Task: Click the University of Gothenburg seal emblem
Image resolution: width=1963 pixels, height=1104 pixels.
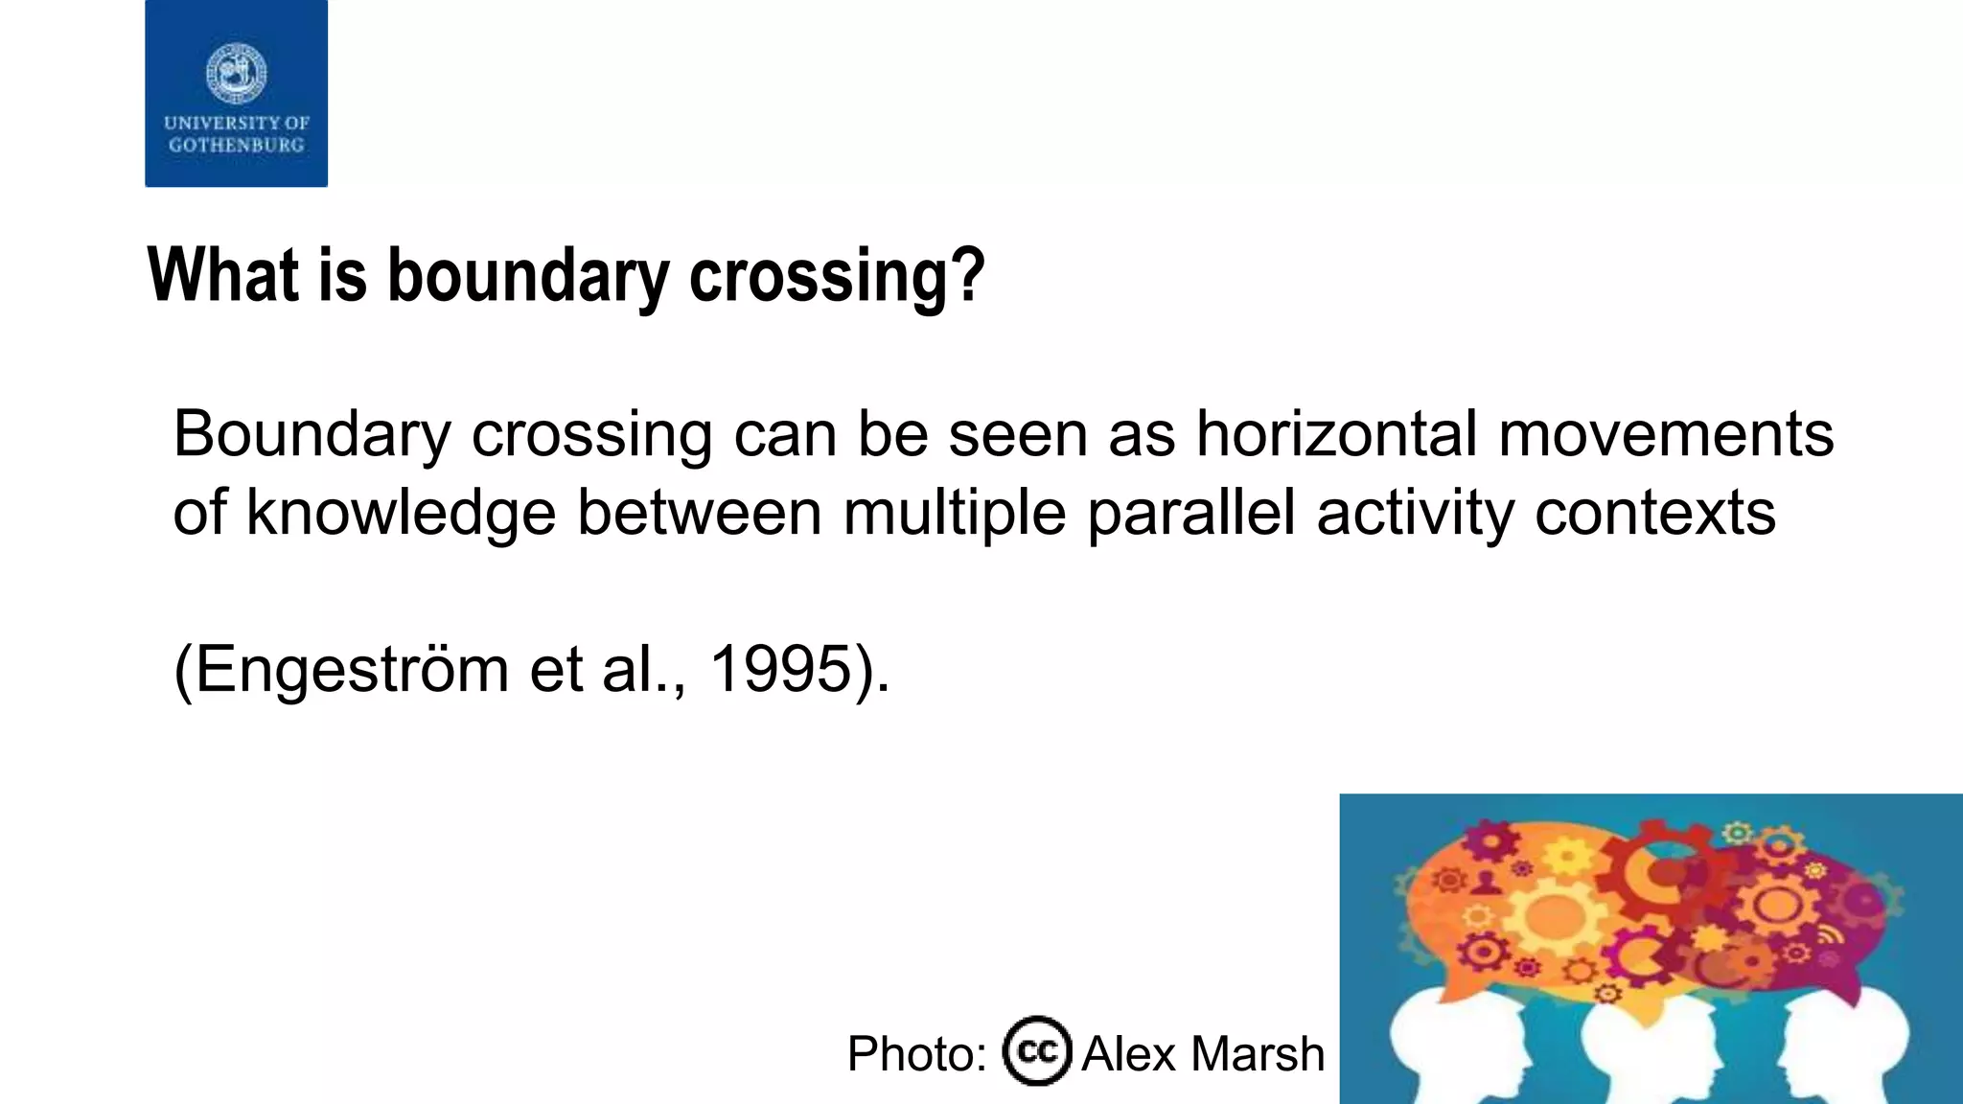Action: (237, 73)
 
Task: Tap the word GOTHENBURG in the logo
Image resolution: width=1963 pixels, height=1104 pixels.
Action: (237, 146)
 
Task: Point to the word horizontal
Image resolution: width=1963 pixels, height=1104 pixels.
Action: (1337, 434)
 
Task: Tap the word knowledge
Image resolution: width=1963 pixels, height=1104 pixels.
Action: (401, 513)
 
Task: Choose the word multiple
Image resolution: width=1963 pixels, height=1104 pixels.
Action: (954, 513)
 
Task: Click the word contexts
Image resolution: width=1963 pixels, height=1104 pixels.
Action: (1654, 513)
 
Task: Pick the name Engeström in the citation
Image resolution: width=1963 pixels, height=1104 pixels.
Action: (352, 669)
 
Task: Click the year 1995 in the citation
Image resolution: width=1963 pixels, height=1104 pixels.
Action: (780, 669)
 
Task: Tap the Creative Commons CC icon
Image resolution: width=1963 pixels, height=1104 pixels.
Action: (1037, 1051)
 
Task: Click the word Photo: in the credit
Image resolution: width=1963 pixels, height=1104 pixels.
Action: (916, 1054)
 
